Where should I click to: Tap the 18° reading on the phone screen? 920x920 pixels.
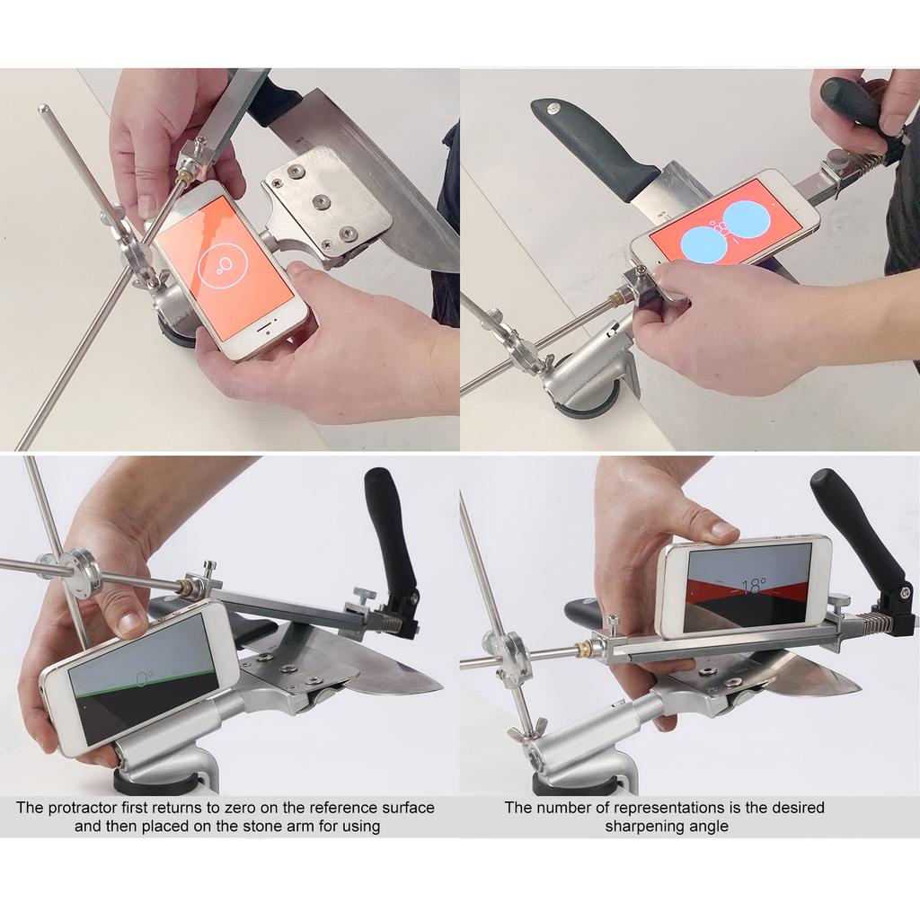[x=753, y=587]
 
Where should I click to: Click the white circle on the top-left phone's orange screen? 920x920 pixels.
[x=221, y=266]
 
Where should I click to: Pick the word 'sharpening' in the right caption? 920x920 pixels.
[x=641, y=826]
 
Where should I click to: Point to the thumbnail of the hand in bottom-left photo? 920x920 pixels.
[x=131, y=622]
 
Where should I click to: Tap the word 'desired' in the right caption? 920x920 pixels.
[x=796, y=808]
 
